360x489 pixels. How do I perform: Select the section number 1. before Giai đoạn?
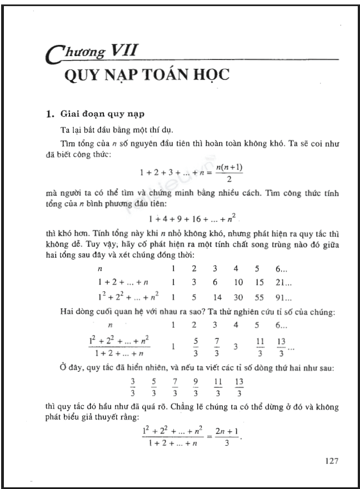click(49, 115)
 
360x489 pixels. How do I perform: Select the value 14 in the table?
click(214, 297)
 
